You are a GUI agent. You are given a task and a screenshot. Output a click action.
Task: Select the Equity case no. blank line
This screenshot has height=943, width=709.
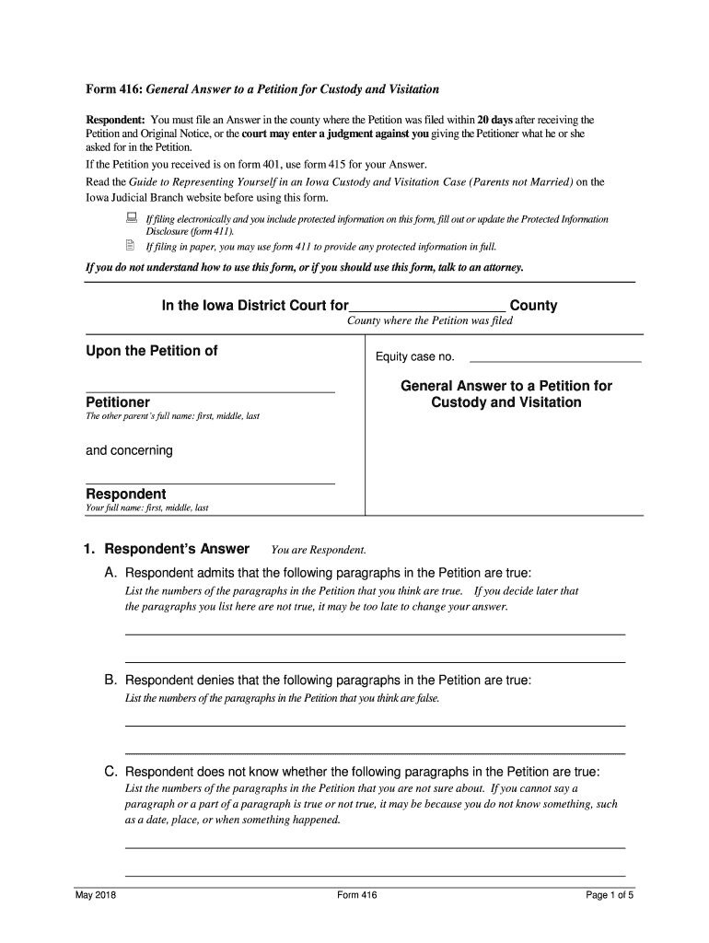pyautogui.click(x=555, y=360)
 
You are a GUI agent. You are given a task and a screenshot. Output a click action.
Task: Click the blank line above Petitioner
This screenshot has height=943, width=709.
pyautogui.click(x=210, y=391)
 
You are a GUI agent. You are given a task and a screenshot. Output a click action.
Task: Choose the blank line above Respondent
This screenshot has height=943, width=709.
pyautogui.click(x=210, y=483)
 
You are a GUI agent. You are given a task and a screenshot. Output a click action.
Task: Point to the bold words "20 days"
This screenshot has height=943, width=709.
pyautogui.click(x=495, y=120)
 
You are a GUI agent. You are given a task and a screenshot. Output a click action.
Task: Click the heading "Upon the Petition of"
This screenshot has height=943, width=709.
pyautogui.click(x=152, y=351)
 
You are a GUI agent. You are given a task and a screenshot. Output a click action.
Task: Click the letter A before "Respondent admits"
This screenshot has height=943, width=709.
pyautogui.click(x=110, y=573)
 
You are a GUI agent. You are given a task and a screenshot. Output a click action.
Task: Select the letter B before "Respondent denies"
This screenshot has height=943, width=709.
pyautogui.click(x=110, y=681)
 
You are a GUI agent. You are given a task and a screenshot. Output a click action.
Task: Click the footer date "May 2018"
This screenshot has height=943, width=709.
pyautogui.click(x=96, y=895)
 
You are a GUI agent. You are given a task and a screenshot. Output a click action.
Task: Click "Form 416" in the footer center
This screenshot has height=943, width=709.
pyautogui.click(x=357, y=895)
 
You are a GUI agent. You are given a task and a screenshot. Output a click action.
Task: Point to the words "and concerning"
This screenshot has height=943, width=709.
pyautogui.click(x=129, y=450)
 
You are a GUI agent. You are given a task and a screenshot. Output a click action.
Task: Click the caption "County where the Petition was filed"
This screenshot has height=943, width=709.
pyautogui.click(x=429, y=321)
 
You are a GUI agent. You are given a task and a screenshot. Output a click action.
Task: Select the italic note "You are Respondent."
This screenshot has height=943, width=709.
pyautogui.click(x=319, y=551)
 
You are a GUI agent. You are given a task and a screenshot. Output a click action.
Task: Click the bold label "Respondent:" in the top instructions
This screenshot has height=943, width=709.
pyautogui.click(x=115, y=120)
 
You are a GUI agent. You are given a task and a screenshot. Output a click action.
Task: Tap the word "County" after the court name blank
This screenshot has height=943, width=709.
pyautogui.click(x=533, y=306)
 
